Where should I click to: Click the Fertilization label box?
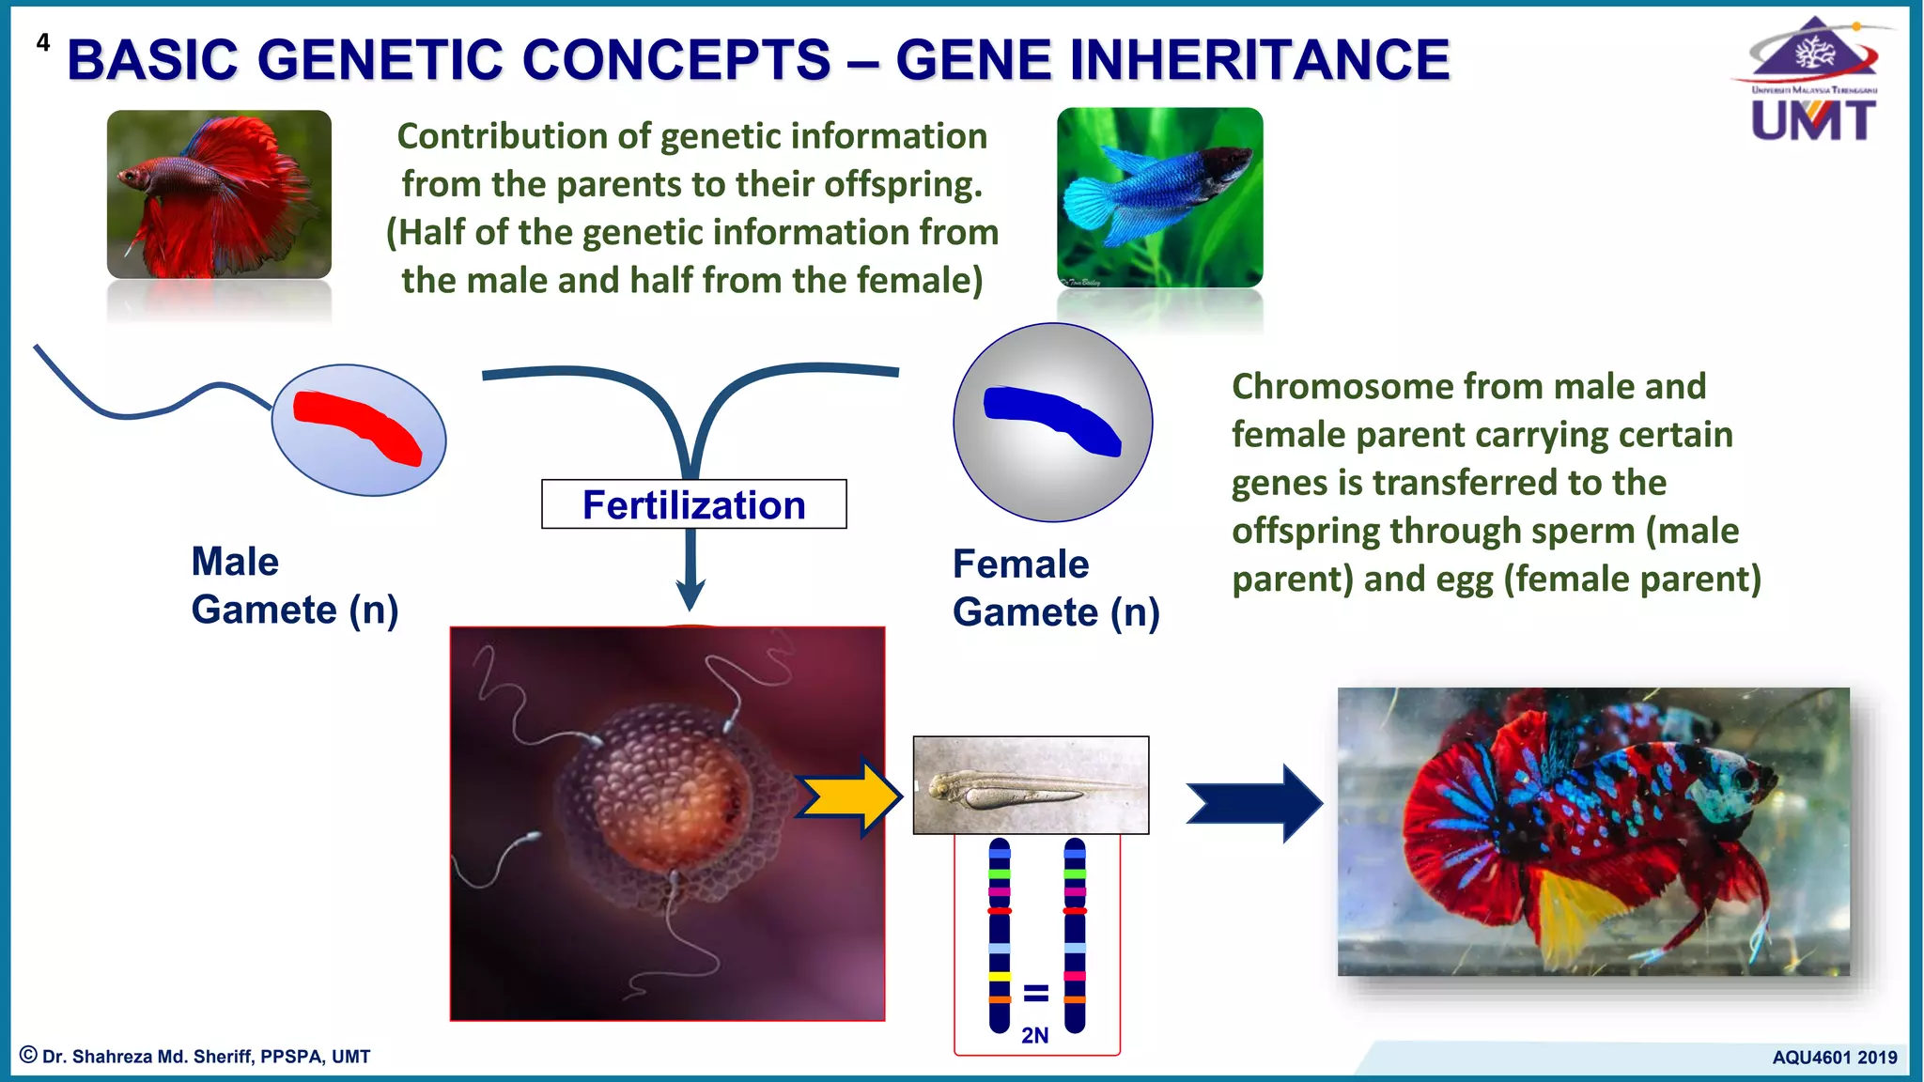693,504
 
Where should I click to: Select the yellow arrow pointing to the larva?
847,797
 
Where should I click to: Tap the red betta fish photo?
219,194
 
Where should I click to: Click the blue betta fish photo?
1159,197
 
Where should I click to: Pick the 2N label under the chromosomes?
1034,1035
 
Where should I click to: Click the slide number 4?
42,42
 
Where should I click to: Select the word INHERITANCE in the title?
1172,60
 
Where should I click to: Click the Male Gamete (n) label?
294,585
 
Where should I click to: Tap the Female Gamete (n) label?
1055,588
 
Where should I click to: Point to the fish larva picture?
1031,785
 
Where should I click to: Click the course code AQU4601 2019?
1834,1057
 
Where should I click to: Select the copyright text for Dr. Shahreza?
195,1056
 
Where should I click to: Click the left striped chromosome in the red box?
1000,935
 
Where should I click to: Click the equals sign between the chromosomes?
1035,993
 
